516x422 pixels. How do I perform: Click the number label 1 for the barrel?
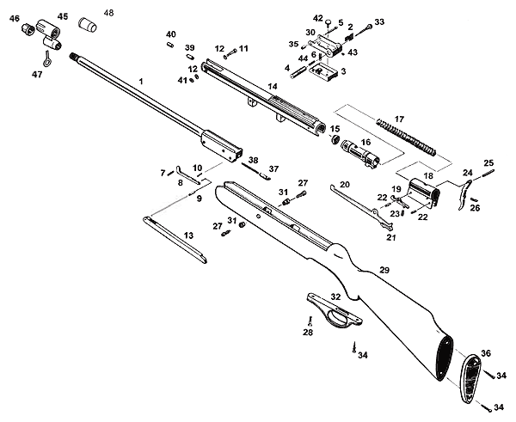coord(141,80)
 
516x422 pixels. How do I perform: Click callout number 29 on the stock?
coord(384,270)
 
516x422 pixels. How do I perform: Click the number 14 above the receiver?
coord(272,87)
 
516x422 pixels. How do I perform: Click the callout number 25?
coord(488,162)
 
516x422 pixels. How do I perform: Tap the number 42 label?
coord(318,18)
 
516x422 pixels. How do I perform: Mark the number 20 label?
coord(344,185)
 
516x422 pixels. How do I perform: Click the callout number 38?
coord(253,160)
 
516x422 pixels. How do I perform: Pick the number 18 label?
coord(428,176)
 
